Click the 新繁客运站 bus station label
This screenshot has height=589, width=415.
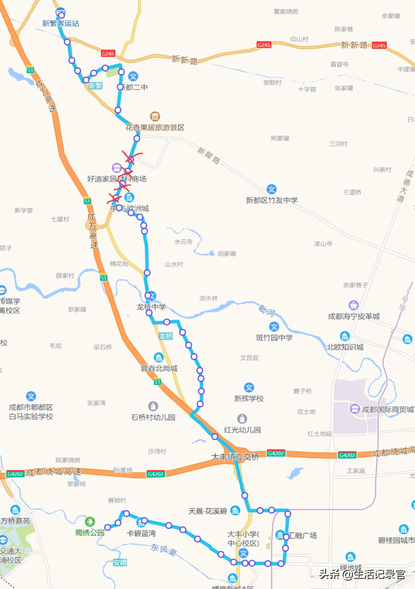point(61,23)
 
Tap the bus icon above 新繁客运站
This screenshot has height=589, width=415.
point(60,12)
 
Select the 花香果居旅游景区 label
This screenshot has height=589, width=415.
point(155,128)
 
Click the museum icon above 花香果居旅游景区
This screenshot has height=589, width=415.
point(155,116)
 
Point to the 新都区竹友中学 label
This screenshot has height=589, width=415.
point(272,200)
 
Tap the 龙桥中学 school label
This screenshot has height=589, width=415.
point(151,307)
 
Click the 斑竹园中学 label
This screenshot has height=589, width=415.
point(274,338)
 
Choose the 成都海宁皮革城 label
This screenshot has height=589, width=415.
point(354,317)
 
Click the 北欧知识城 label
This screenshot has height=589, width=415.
point(345,347)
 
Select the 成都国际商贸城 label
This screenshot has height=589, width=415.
point(387,410)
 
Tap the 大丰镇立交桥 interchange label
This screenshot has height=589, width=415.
point(235,457)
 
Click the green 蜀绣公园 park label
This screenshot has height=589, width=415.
point(90,533)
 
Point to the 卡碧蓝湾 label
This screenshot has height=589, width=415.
point(141,534)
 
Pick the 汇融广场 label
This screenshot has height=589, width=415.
point(302,536)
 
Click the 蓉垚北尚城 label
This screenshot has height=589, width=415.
point(159,369)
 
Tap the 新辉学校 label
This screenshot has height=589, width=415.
point(249,399)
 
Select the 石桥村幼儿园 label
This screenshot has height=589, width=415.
point(153,417)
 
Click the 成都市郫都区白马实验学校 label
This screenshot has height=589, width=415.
point(31,412)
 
